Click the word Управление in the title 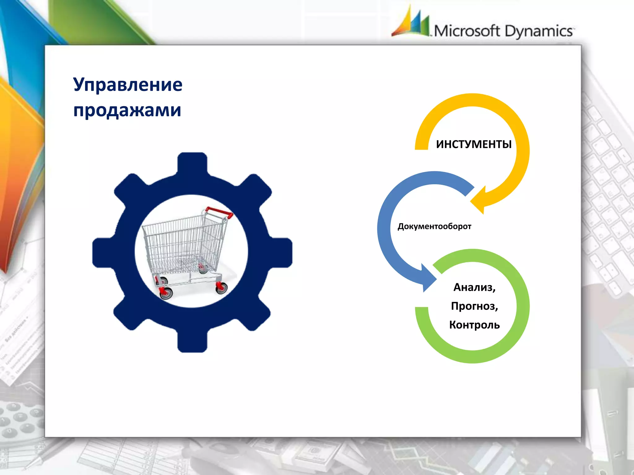(128, 84)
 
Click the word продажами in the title (127, 110)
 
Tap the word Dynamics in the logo (539, 31)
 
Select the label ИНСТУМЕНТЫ (474, 144)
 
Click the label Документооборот (434, 226)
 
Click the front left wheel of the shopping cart (166, 293)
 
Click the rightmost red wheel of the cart (221, 287)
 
